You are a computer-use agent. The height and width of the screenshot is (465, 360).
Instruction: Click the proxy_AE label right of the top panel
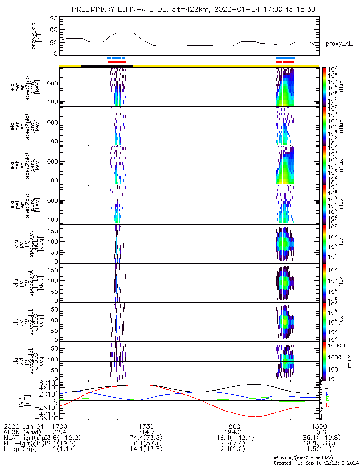point(339,43)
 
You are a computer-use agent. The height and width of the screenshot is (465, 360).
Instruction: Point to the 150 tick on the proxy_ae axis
point(52,18)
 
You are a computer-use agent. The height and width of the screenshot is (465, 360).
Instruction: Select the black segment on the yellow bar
point(107,66)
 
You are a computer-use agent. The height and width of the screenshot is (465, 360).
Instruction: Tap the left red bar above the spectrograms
point(117,62)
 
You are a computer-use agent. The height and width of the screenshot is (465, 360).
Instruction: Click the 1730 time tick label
point(146,426)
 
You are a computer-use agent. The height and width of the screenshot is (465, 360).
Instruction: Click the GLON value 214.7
point(146,432)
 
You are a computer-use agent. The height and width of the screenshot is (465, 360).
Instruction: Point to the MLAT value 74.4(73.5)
point(146,438)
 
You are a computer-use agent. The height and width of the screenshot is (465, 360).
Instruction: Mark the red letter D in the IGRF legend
point(327,406)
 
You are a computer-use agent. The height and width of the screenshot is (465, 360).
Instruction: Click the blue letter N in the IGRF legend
point(327,394)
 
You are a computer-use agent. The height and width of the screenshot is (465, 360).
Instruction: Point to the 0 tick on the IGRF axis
point(55,400)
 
